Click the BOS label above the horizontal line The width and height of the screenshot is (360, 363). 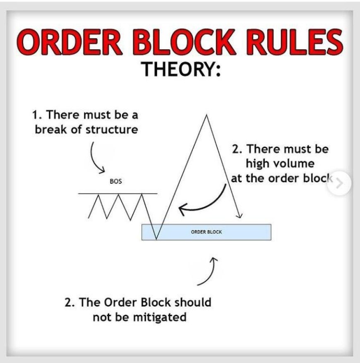pos(115,181)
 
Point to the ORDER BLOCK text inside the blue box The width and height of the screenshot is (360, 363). pos(206,232)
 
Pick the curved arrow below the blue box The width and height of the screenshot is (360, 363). pos(208,271)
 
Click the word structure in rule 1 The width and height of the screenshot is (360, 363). pos(111,129)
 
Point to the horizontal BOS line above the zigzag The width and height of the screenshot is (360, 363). pos(118,193)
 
